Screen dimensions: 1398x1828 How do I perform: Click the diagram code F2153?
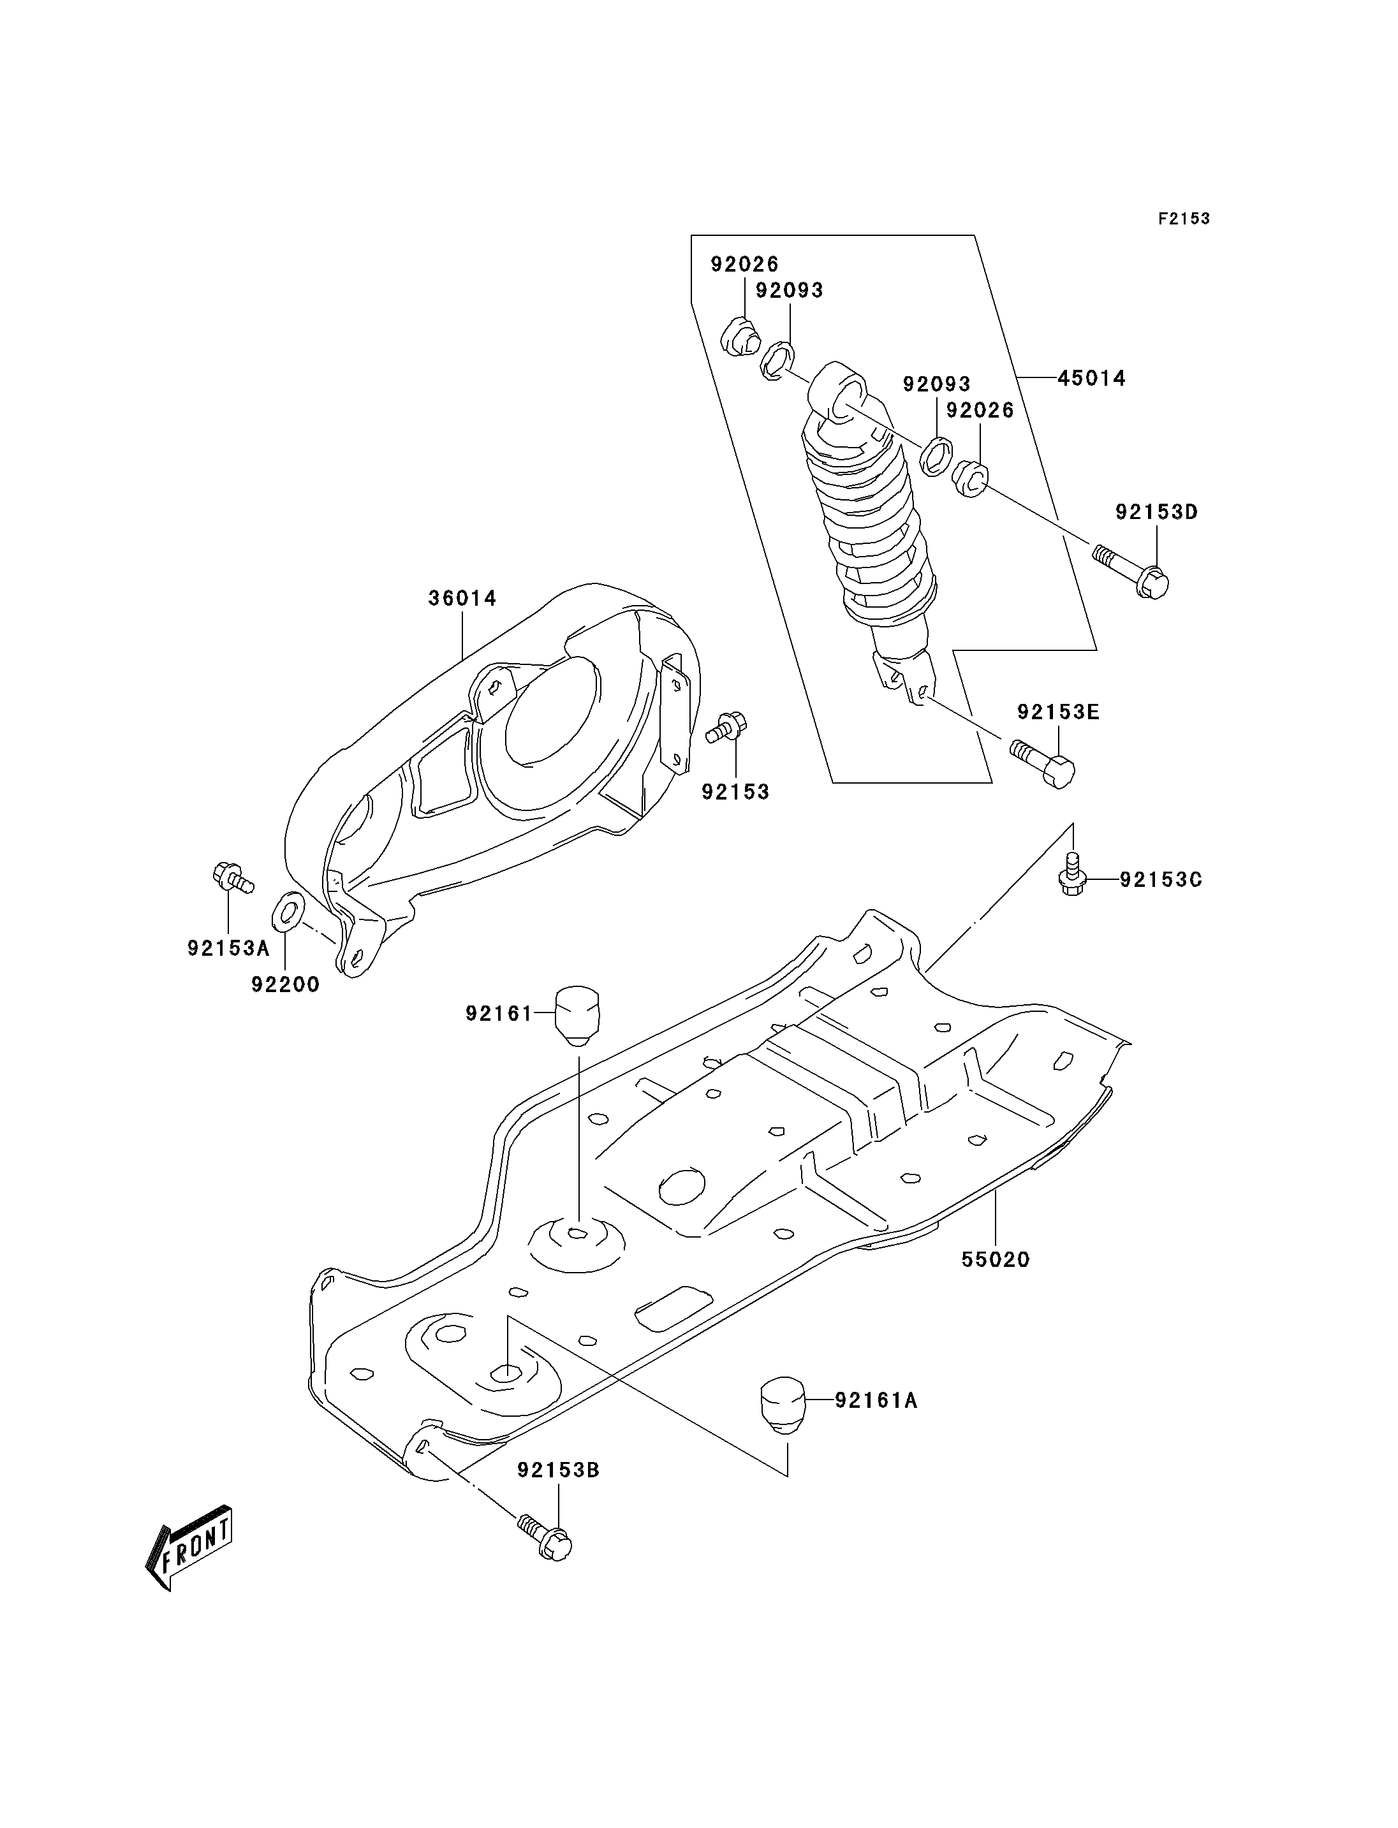point(1184,219)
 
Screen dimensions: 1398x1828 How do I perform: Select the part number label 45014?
point(1091,379)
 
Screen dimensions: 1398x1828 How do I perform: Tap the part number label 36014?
point(462,598)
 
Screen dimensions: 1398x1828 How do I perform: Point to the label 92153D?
point(1157,513)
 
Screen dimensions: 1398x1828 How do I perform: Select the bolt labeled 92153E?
point(1042,762)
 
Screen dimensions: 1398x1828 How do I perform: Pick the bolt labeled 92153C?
point(1073,874)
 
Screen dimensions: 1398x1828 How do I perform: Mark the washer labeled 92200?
point(288,911)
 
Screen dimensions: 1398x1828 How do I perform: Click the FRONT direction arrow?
point(188,1549)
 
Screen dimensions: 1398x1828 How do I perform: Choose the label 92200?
point(286,985)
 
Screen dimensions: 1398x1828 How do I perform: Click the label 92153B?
point(558,1471)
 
